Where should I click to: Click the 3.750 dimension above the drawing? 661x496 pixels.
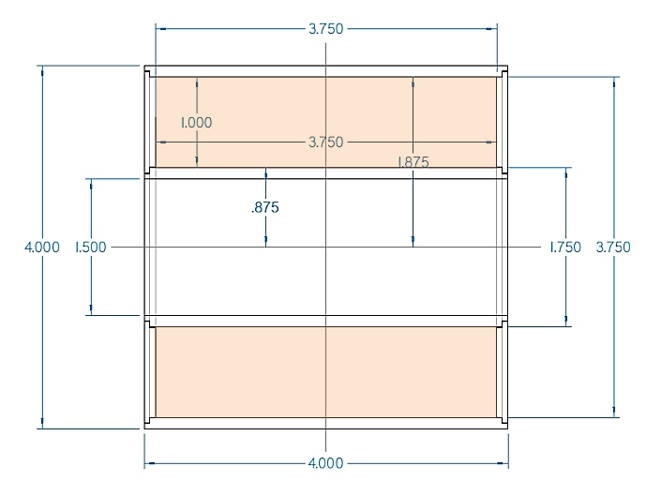326,29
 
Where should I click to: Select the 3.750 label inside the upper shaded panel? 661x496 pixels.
326,142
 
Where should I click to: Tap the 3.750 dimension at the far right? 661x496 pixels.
613,247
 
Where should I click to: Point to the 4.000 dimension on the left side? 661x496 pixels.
42,247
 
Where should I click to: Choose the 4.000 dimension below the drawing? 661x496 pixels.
326,463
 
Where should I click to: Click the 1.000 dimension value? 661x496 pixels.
197,123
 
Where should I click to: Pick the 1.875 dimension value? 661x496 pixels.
413,162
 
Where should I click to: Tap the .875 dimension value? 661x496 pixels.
265,207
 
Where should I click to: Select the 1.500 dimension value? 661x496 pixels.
91,247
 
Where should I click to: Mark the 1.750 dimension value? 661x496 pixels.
565,247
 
